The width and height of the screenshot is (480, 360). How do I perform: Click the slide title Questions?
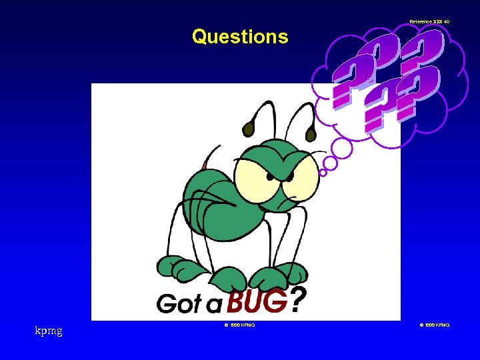pyautogui.click(x=240, y=37)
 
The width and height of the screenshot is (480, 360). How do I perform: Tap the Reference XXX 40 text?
pyautogui.click(x=429, y=22)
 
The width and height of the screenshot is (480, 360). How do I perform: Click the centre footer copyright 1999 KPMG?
pyautogui.click(x=239, y=325)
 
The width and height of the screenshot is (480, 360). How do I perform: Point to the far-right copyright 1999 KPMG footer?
pyautogui.click(x=435, y=325)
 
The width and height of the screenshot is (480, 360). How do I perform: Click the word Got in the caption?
pyautogui.click(x=179, y=304)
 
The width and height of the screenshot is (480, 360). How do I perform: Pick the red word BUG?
pyautogui.click(x=257, y=302)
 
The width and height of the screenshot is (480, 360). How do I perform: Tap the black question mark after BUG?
pyautogui.click(x=299, y=301)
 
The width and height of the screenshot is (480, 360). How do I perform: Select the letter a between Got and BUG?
pyautogui.click(x=214, y=306)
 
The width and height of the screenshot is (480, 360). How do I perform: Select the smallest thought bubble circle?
pyautogui.click(x=323, y=172)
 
